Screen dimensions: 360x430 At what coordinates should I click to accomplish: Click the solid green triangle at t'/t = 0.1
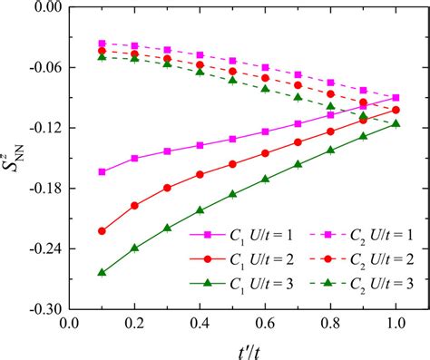pyautogui.click(x=102, y=272)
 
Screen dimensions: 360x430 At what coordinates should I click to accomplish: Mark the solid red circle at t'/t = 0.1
pyautogui.click(x=102, y=230)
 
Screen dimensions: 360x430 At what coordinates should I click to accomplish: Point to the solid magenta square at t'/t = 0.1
pyautogui.click(x=102, y=171)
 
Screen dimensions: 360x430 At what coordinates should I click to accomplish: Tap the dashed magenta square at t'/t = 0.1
pyautogui.click(x=102, y=44)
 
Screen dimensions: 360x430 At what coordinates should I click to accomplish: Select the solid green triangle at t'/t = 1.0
pyautogui.click(x=396, y=123)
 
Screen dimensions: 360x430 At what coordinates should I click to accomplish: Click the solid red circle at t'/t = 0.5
pyautogui.click(x=233, y=164)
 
